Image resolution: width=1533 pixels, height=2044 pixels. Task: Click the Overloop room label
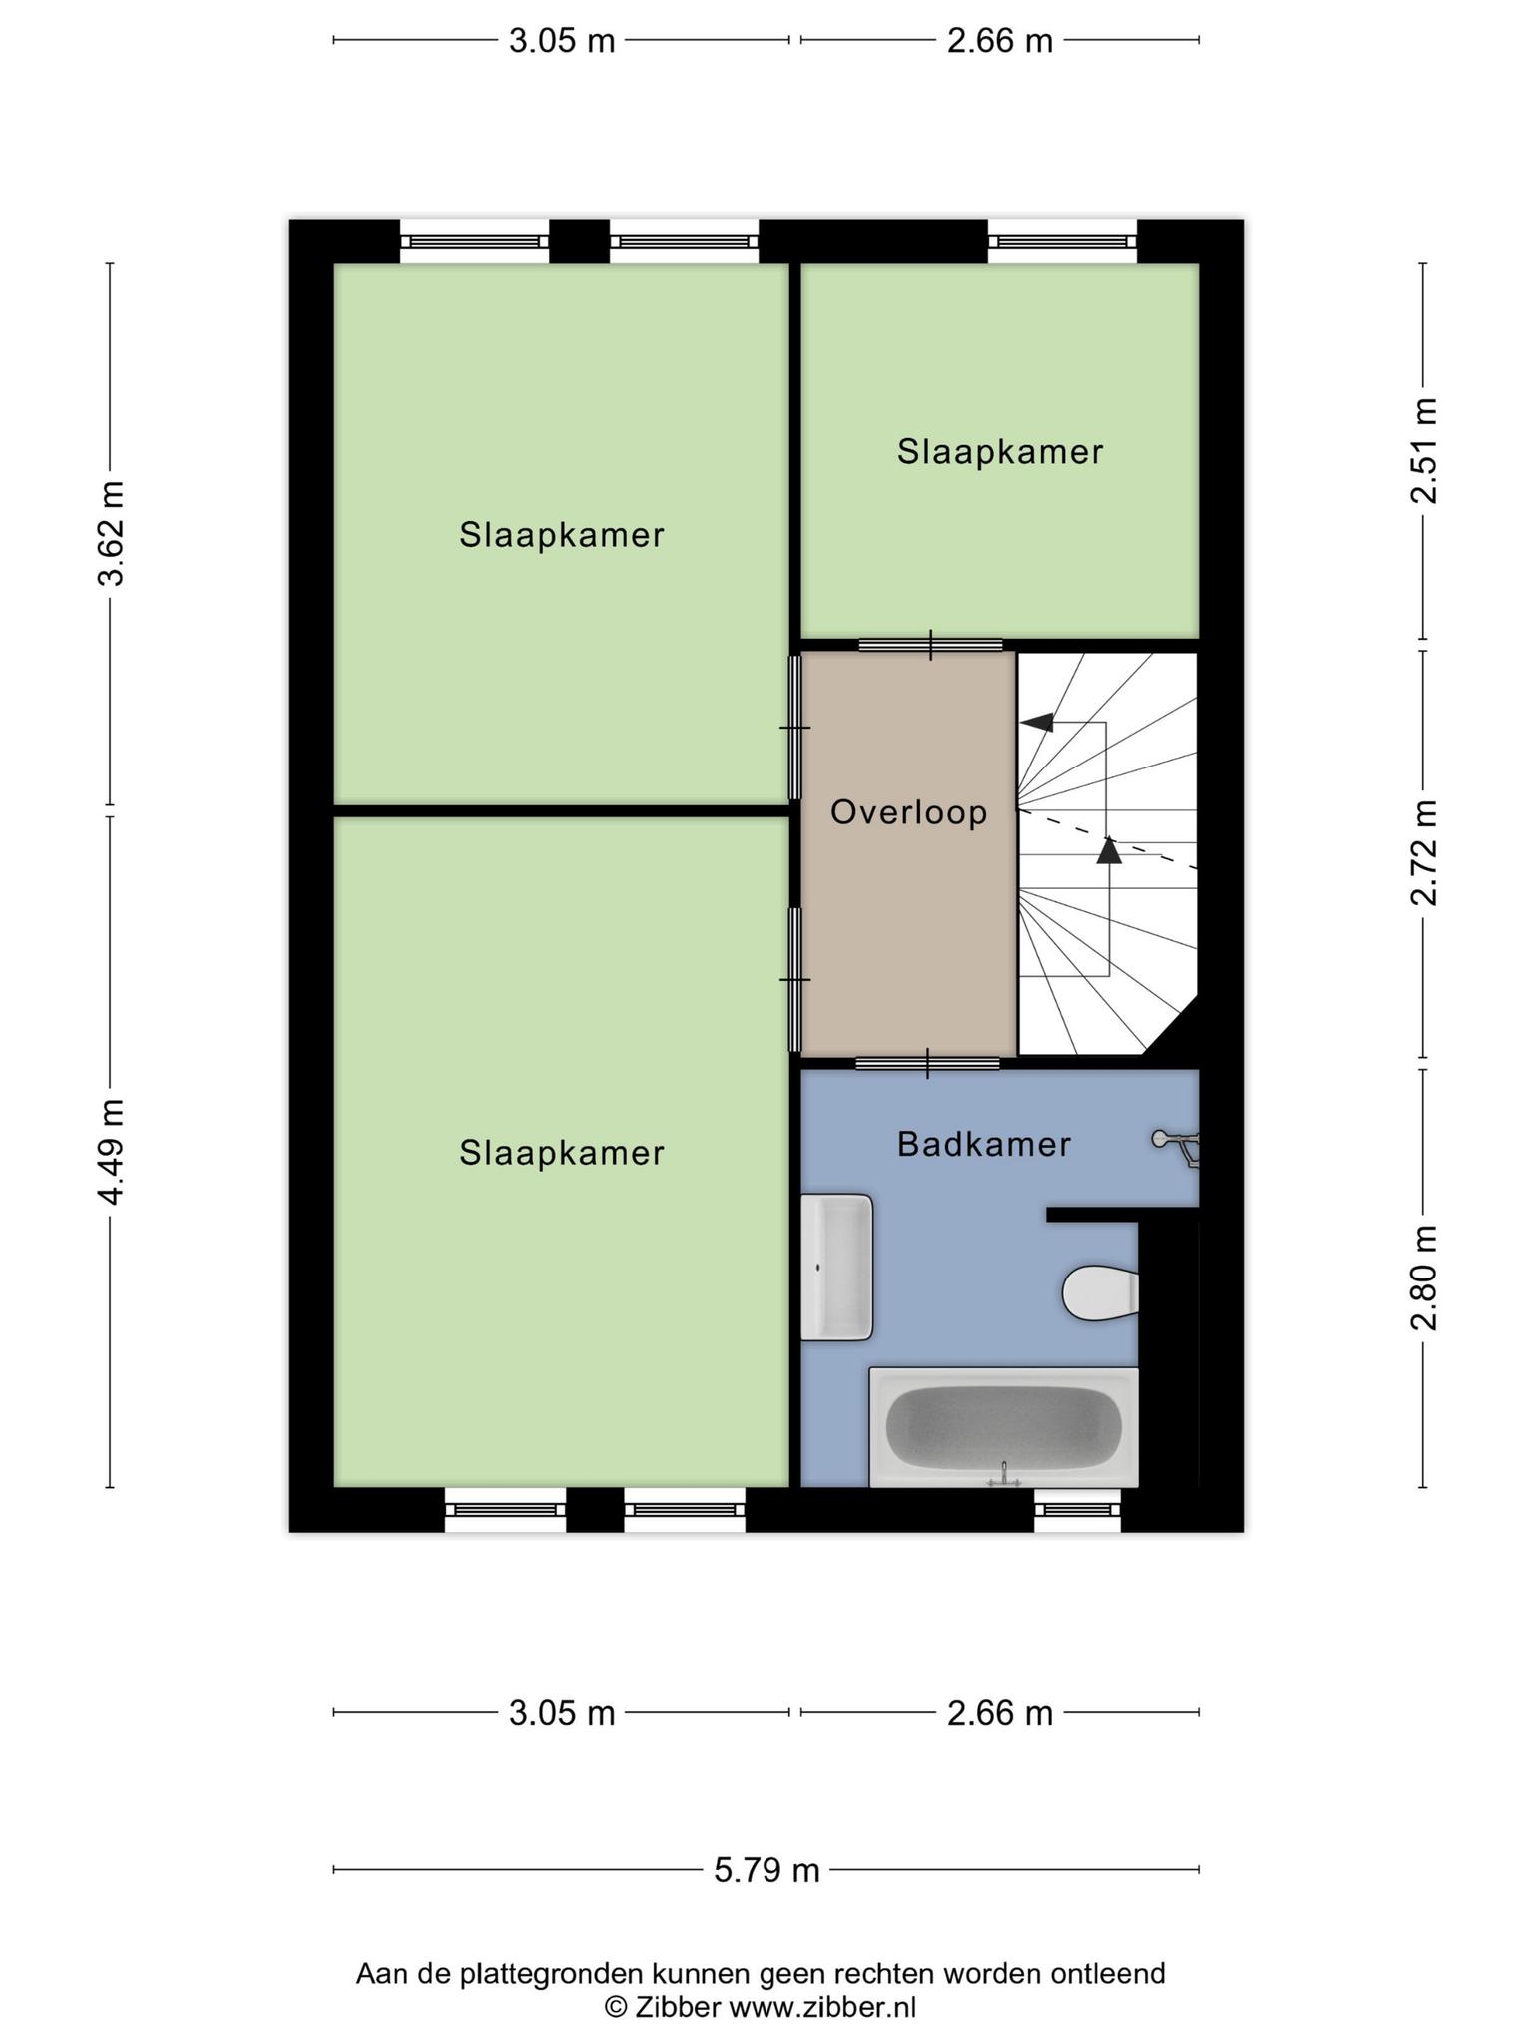coord(908,812)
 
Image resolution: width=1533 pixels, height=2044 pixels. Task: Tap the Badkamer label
coord(984,1144)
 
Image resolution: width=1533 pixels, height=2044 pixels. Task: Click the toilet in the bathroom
coord(1100,1293)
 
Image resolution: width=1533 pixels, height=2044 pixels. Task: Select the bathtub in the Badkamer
coord(1003,1427)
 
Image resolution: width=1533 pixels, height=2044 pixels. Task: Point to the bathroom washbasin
coord(837,1267)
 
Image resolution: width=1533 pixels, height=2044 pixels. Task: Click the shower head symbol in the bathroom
coord(1176,1146)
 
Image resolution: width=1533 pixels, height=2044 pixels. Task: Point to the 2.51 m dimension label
coord(1424,451)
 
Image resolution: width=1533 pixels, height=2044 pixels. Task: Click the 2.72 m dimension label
coord(1424,853)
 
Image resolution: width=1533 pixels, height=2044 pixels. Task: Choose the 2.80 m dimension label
coord(1424,1278)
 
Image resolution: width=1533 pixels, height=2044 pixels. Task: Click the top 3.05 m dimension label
coord(562,41)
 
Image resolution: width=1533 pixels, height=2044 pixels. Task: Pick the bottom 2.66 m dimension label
coord(1000,1713)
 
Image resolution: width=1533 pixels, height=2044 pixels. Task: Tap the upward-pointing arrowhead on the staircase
coord(1108,849)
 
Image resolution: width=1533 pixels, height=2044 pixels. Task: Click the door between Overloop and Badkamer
coord(928,1063)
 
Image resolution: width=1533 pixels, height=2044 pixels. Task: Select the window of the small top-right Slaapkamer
coord(1063,241)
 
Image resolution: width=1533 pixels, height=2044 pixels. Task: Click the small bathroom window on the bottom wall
coord(1077,1509)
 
